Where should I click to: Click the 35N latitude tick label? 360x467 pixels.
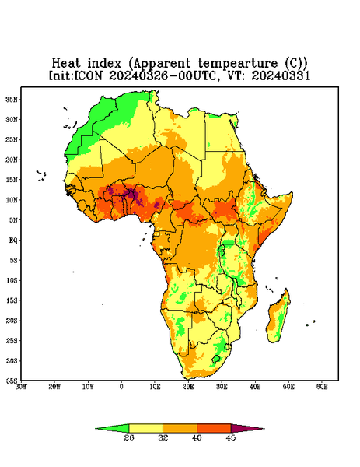[x=12, y=99]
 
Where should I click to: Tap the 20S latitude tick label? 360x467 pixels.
[x=12, y=321]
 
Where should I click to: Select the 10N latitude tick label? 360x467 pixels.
[x=12, y=200]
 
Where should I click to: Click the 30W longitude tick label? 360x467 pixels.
[x=21, y=387]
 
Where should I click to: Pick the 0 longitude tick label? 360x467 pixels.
[x=121, y=387]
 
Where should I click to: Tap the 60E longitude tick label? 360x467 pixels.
[x=322, y=387]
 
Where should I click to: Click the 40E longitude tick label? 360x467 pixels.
[x=255, y=387]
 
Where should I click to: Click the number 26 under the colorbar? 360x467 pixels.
[x=129, y=437]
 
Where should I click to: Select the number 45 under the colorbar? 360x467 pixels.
[x=231, y=437]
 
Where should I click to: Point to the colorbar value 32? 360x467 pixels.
[x=163, y=437]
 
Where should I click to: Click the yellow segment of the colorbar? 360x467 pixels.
[x=145, y=428]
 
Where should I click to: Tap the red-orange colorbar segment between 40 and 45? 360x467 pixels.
[x=214, y=428]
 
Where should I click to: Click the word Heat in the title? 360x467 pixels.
[x=66, y=63]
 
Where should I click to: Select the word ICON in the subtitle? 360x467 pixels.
[x=88, y=75]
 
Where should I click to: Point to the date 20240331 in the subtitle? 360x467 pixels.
[x=281, y=75]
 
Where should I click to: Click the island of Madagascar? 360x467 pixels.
[x=278, y=318]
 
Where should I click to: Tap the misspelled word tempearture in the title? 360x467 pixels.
[x=238, y=64]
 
